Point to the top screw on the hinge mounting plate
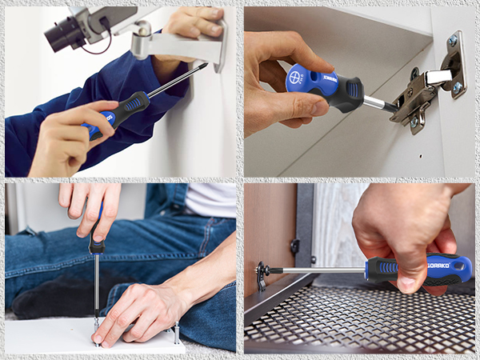pos(452,40)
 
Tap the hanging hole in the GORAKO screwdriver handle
pos(458,265)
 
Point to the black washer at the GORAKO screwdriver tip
pos(262,273)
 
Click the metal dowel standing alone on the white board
pos(175,330)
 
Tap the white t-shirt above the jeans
pos(210,198)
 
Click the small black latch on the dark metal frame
pos(294,246)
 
